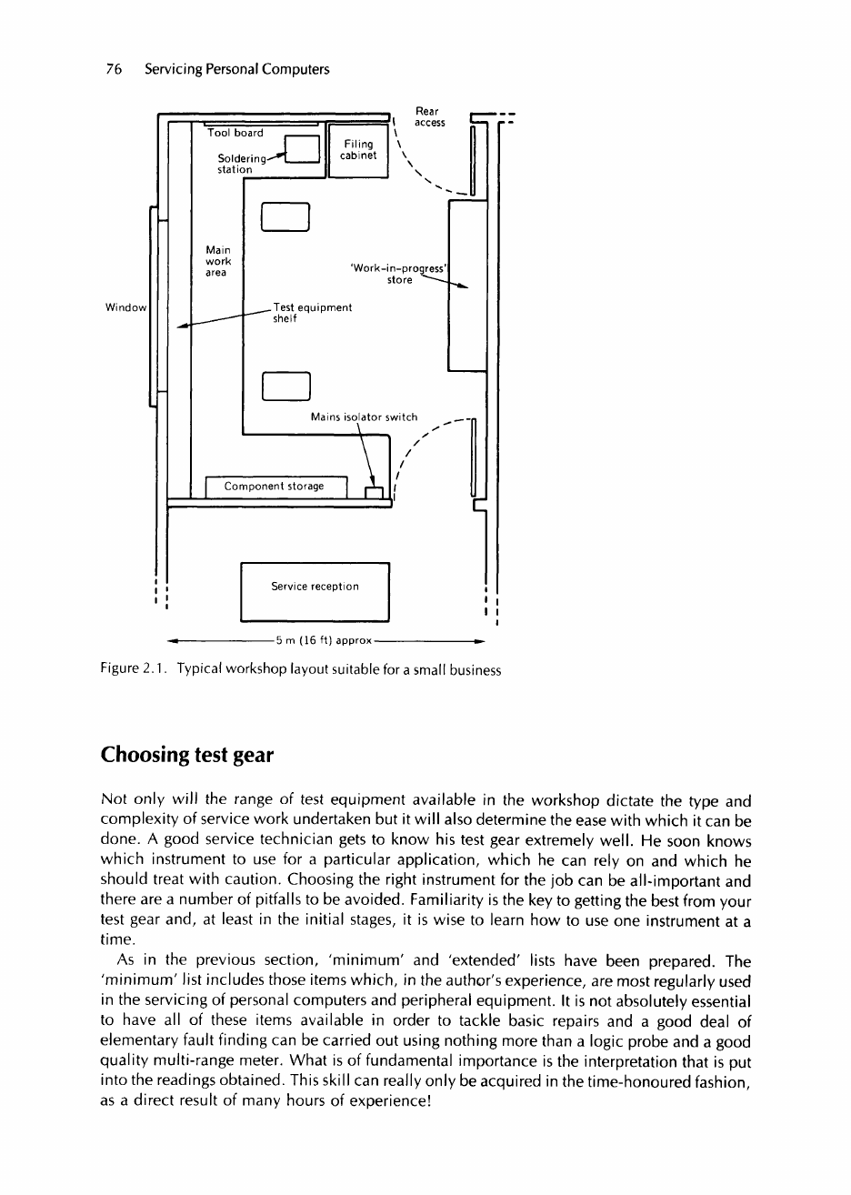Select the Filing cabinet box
[357, 149]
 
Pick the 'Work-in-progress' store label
[401, 275]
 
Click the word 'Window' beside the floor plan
[126, 308]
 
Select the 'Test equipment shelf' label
[312, 314]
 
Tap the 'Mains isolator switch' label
[364, 417]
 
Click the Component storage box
[276, 487]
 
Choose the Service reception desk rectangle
[315, 591]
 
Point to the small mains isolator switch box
[374, 493]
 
